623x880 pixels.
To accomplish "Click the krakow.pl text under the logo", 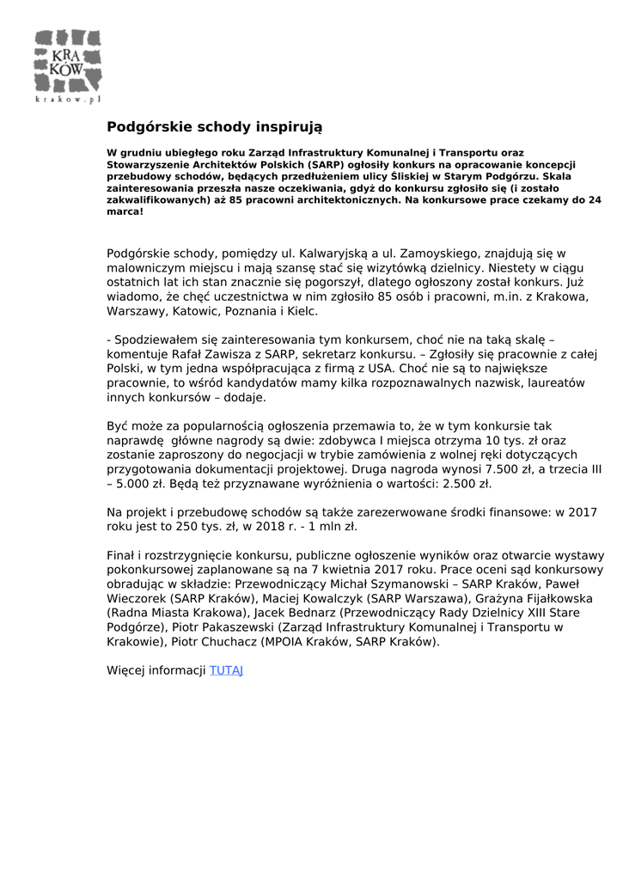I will point(69,100).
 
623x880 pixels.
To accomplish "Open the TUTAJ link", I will point(227,669).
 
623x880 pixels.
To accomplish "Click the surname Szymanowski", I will point(406,584).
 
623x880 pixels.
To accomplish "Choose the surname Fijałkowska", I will point(550,598).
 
